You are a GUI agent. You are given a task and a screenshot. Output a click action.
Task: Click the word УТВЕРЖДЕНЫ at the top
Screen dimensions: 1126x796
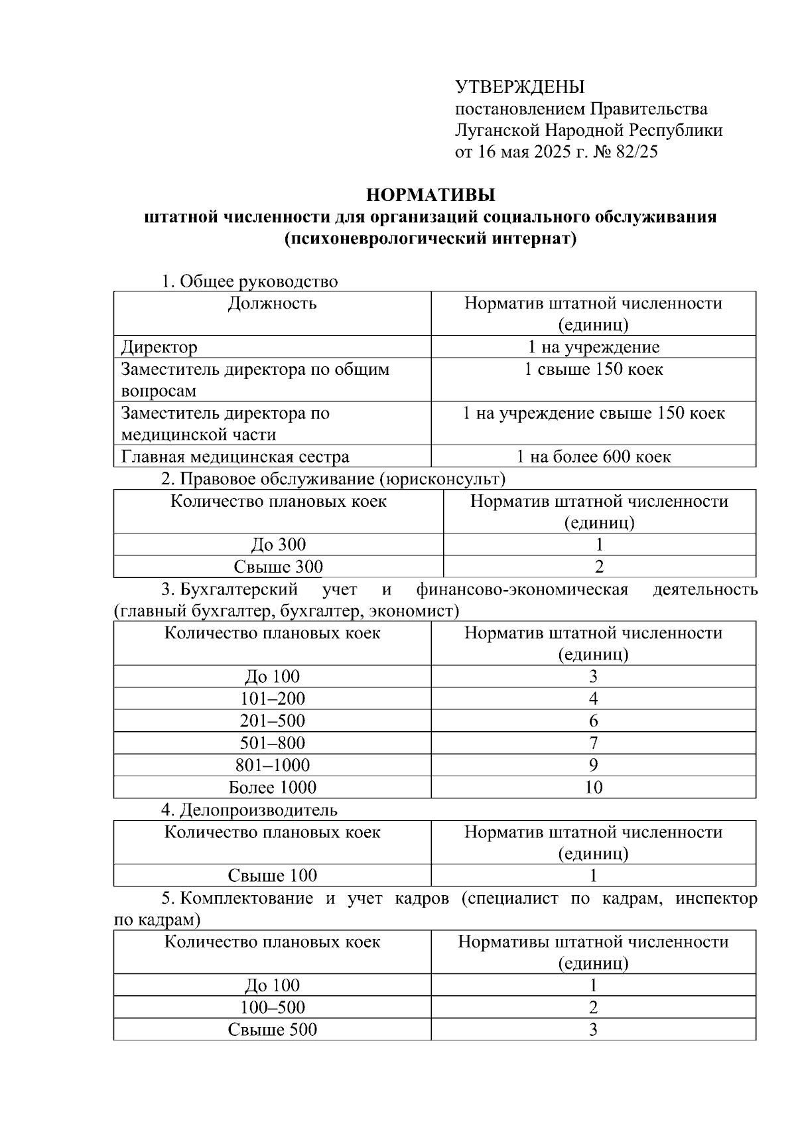(x=519, y=87)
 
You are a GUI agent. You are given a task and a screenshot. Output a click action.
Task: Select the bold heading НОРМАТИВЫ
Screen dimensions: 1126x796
(x=431, y=195)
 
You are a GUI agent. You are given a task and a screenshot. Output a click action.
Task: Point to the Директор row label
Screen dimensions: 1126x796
(x=159, y=347)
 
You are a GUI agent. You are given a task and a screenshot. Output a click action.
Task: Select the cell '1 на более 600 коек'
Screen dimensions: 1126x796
(x=593, y=457)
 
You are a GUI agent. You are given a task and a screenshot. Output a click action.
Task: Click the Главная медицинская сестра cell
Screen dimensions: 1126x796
(x=235, y=457)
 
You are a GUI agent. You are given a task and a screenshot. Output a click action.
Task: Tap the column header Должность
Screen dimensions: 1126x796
(x=272, y=304)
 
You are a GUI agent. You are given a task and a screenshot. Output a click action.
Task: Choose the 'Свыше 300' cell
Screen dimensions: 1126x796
(x=278, y=567)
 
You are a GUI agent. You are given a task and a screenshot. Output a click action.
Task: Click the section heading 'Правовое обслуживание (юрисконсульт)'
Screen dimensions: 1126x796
(x=342, y=478)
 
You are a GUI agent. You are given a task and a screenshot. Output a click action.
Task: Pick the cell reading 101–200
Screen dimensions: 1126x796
(x=272, y=699)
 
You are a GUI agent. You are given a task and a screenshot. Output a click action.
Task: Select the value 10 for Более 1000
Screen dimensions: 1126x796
(x=593, y=788)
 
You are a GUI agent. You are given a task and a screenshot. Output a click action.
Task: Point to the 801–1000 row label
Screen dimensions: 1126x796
(x=272, y=765)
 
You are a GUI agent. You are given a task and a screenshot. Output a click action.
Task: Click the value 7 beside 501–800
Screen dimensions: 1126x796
(x=593, y=743)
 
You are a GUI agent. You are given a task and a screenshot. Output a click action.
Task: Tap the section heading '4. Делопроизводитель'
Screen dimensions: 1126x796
(x=249, y=809)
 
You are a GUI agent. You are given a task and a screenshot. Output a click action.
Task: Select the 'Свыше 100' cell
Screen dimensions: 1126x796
(x=272, y=875)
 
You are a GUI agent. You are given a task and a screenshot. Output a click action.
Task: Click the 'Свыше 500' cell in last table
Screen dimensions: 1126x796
(x=272, y=1030)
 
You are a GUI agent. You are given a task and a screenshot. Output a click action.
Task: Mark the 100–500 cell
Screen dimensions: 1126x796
(x=272, y=1007)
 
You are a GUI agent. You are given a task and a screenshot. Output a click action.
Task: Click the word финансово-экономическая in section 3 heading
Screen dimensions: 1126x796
(x=522, y=589)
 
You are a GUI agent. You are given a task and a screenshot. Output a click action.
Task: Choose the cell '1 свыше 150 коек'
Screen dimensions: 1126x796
(x=593, y=370)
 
